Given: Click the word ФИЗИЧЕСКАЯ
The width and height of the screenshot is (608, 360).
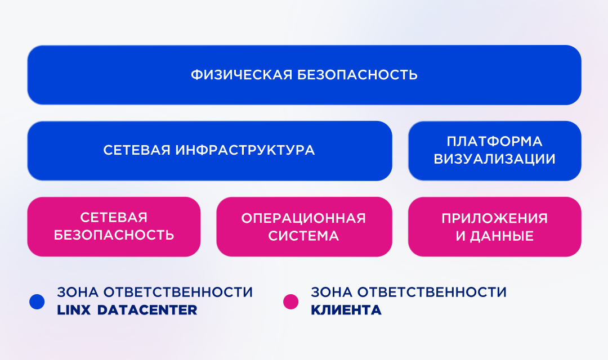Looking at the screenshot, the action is (x=242, y=75).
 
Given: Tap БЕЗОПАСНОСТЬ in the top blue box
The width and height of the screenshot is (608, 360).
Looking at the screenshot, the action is (x=357, y=75).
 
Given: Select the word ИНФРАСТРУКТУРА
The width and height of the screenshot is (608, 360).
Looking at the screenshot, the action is (x=245, y=150).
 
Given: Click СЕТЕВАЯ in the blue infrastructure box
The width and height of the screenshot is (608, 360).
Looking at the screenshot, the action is (x=137, y=150).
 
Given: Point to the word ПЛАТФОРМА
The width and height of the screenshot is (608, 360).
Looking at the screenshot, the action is (x=494, y=141).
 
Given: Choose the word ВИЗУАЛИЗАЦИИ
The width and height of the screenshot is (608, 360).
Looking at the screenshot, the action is (x=494, y=159).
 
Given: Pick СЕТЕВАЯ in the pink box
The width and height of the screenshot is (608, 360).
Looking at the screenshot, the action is (x=114, y=217).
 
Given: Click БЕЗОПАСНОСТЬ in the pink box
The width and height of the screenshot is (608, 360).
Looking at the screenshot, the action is (x=114, y=235).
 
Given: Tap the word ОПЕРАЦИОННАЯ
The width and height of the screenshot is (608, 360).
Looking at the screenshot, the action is (x=303, y=218).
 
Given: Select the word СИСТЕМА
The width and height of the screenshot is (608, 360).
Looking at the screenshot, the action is (x=303, y=236).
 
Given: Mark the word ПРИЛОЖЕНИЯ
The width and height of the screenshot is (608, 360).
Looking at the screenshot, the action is (x=494, y=218).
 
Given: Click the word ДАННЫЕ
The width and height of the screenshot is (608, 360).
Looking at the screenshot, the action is (x=502, y=236).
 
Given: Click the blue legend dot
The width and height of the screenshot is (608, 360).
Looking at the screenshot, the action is (x=37, y=301).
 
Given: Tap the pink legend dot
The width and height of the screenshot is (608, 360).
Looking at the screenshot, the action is (x=291, y=301).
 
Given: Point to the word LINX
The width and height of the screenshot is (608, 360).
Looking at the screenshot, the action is (x=74, y=310).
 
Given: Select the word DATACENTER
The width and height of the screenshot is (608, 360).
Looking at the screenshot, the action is (x=147, y=310).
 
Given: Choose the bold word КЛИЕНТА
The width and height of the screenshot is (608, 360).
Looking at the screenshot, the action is (x=346, y=310).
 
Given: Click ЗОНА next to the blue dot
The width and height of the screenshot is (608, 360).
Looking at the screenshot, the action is (x=77, y=292).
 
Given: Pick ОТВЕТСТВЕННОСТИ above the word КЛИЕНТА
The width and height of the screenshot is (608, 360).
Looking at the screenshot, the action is (x=432, y=292).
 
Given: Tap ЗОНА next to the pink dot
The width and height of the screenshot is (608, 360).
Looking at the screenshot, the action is (x=332, y=292).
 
